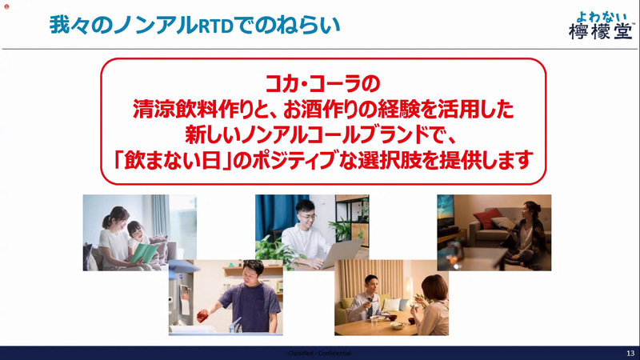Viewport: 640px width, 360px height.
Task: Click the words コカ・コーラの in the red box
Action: coord(323,82)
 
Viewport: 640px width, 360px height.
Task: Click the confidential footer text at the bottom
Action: coord(319,353)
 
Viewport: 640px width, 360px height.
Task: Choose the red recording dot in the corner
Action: coord(6,5)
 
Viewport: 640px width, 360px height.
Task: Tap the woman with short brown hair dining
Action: coord(431,304)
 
